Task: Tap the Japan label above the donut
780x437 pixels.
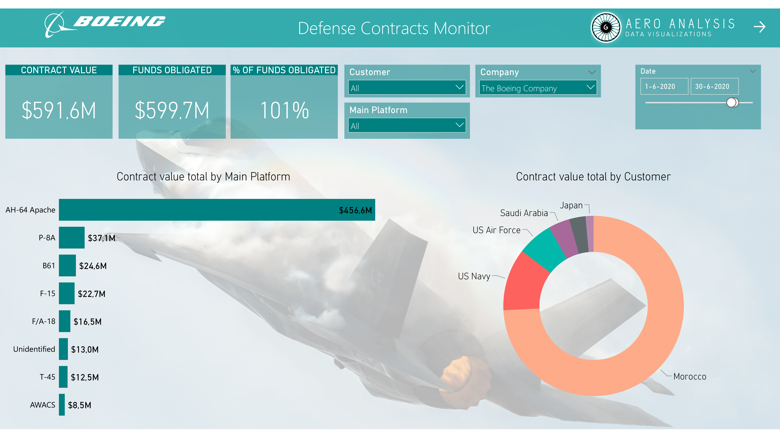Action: (571, 205)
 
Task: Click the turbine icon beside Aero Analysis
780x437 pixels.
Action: (606, 27)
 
